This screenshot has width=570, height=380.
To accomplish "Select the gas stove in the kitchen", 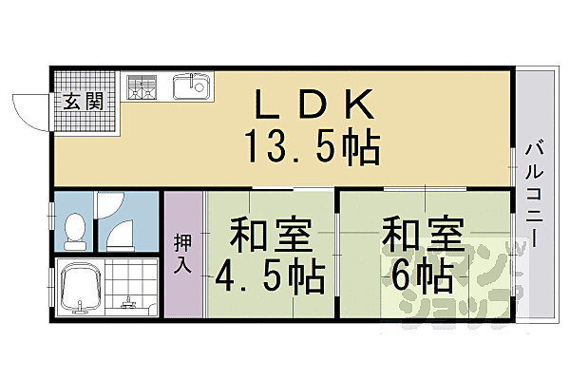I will click(142, 86).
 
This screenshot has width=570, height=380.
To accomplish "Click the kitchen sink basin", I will click(191, 88).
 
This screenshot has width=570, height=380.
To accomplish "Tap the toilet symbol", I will click(73, 229).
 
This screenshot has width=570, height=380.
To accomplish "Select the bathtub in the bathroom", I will click(81, 288).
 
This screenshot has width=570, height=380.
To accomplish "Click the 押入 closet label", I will click(182, 252).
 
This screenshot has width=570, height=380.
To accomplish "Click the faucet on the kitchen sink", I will click(199, 80).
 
